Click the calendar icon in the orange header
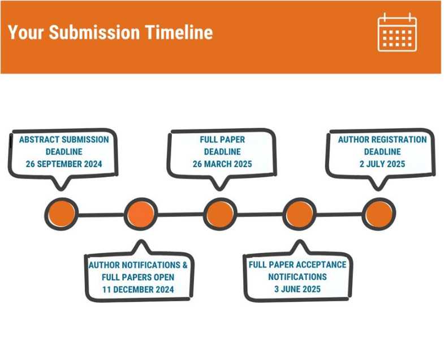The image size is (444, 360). (397, 32)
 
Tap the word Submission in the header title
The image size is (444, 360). (94, 32)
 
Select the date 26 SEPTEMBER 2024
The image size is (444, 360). (64, 164)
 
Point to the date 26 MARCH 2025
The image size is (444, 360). (222, 164)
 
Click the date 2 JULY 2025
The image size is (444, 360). (382, 164)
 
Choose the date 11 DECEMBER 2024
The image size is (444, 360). (138, 289)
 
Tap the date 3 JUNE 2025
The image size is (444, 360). (298, 289)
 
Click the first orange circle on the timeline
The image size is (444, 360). (62, 214)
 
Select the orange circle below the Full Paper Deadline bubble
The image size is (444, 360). (220, 214)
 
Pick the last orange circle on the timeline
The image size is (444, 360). (379, 214)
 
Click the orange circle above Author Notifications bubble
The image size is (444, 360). (141, 214)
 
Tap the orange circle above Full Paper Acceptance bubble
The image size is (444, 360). (299, 214)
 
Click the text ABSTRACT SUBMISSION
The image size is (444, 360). (64, 140)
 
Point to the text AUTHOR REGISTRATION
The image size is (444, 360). (382, 140)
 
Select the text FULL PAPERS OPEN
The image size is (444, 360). (138, 277)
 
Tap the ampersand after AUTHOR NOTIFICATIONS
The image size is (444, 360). (185, 265)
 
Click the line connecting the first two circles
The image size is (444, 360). (101, 215)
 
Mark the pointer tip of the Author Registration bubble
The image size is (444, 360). (378, 190)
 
